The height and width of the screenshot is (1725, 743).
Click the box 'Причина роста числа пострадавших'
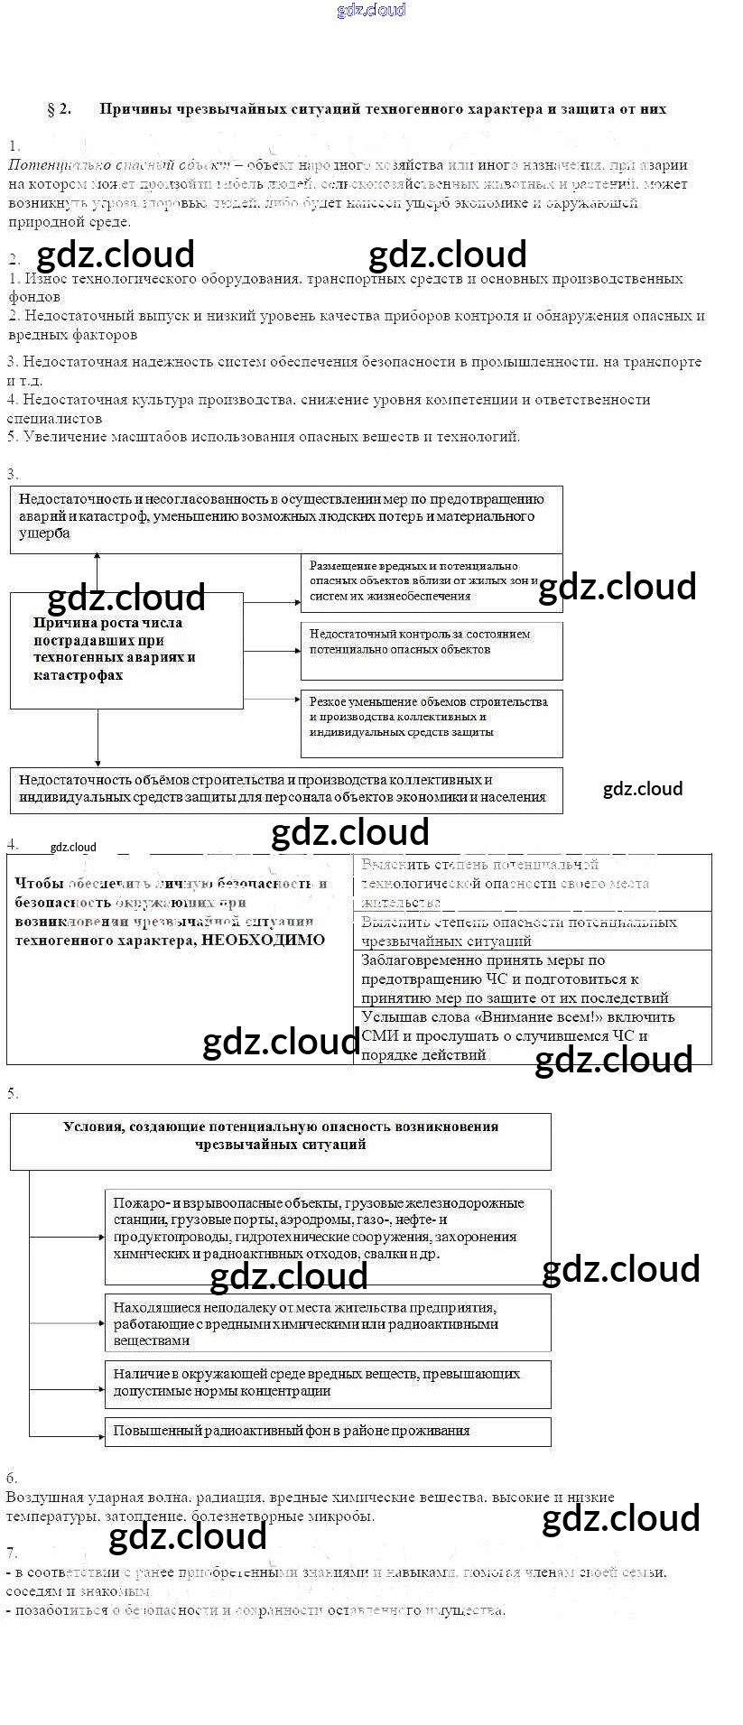tap(126, 650)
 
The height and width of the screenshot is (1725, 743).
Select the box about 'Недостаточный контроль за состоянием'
tap(431, 650)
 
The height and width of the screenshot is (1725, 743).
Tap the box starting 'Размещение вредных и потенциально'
tap(431, 582)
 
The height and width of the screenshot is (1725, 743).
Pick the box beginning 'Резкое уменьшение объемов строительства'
tap(431, 723)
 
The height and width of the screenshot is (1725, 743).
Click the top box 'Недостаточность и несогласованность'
tap(285, 519)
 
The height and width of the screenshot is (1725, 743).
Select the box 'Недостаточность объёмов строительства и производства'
tap(285, 790)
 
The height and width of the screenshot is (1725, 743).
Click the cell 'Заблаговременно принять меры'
tap(532, 978)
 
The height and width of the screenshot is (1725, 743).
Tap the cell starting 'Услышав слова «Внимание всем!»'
tap(532, 1035)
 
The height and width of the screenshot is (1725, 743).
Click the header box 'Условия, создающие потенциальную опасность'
tap(280, 1140)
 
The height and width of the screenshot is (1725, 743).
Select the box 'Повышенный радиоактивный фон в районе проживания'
tap(327, 1431)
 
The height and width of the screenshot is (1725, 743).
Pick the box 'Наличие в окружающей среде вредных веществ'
tap(327, 1383)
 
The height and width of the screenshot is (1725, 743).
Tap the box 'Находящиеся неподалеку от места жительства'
tap(327, 1322)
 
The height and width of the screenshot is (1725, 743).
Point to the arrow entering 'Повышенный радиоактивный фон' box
tap(68, 1434)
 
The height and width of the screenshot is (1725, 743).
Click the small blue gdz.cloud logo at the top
tap(371, 10)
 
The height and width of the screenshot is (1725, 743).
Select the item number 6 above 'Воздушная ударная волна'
tap(12, 1479)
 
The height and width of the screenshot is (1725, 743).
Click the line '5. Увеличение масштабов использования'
tap(264, 437)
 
